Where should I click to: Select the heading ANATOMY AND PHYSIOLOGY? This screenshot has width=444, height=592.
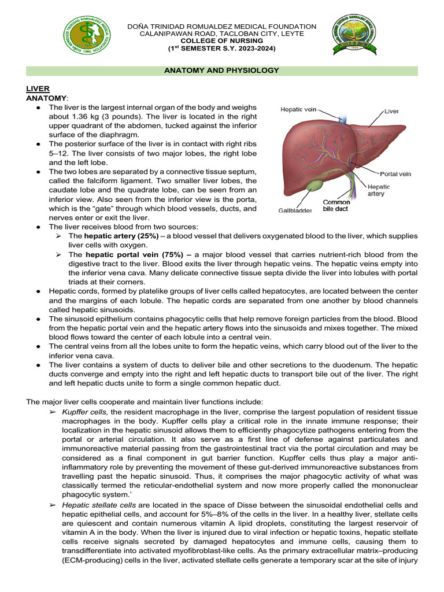tap(222, 71)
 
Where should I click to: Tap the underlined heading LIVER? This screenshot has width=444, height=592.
tap(38, 88)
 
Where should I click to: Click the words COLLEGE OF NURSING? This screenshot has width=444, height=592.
tap(222, 42)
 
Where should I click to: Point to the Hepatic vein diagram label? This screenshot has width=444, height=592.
tap(298, 109)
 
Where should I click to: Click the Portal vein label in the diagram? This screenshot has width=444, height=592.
tap(395, 174)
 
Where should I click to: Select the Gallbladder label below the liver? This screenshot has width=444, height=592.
tap(295, 210)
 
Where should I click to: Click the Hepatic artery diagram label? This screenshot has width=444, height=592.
tap(379, 191)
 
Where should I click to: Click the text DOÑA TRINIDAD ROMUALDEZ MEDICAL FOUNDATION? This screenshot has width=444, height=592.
tap(222, 27)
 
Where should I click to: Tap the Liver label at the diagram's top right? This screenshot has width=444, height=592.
tap(391, 110)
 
